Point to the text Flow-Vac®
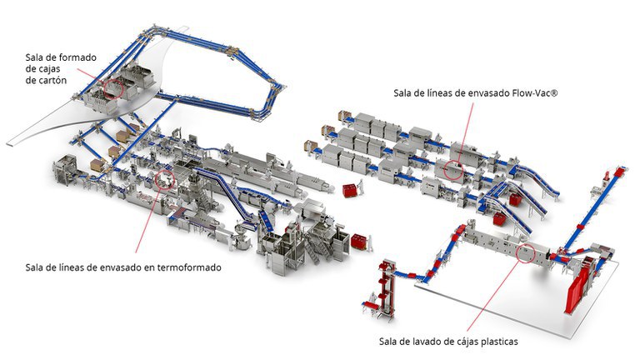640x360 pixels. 530,92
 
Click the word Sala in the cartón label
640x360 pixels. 36,56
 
